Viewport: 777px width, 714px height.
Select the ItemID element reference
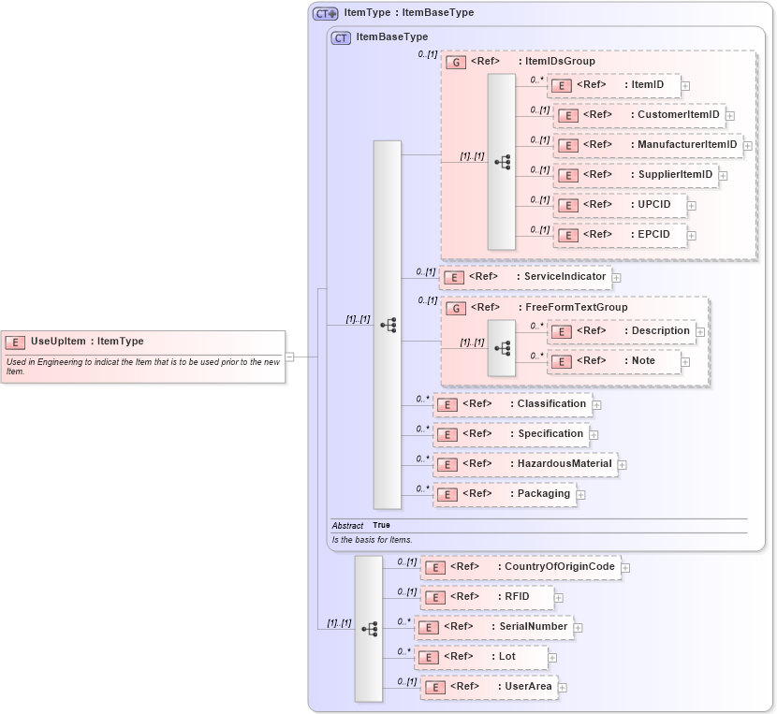(613, 85)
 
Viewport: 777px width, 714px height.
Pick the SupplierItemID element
(636, 175)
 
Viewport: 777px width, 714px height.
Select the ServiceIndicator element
(525, 277)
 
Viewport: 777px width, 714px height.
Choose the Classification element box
(512, 404)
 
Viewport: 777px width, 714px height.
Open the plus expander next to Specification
(594, 435)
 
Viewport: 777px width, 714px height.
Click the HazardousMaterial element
(525, 464)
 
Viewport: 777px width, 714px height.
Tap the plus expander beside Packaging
(580, 495)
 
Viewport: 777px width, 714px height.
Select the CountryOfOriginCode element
(520, 567)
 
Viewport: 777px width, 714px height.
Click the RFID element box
(487, 597)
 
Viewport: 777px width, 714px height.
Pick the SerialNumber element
(492, 627)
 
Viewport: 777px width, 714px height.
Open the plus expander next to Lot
(552, 659)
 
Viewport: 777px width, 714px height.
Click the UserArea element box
(489, 687)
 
